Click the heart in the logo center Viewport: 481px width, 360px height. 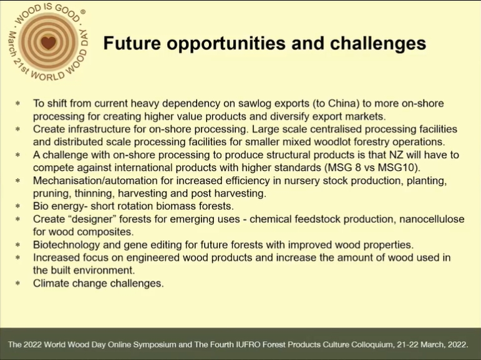tap(49, 42)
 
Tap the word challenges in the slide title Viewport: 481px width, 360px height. tap(378, 42)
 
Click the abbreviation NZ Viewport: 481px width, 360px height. tap(396, 155)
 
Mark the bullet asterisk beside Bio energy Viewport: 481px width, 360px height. tap(18, 206)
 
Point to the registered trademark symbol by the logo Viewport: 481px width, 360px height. tap(83, 12)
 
